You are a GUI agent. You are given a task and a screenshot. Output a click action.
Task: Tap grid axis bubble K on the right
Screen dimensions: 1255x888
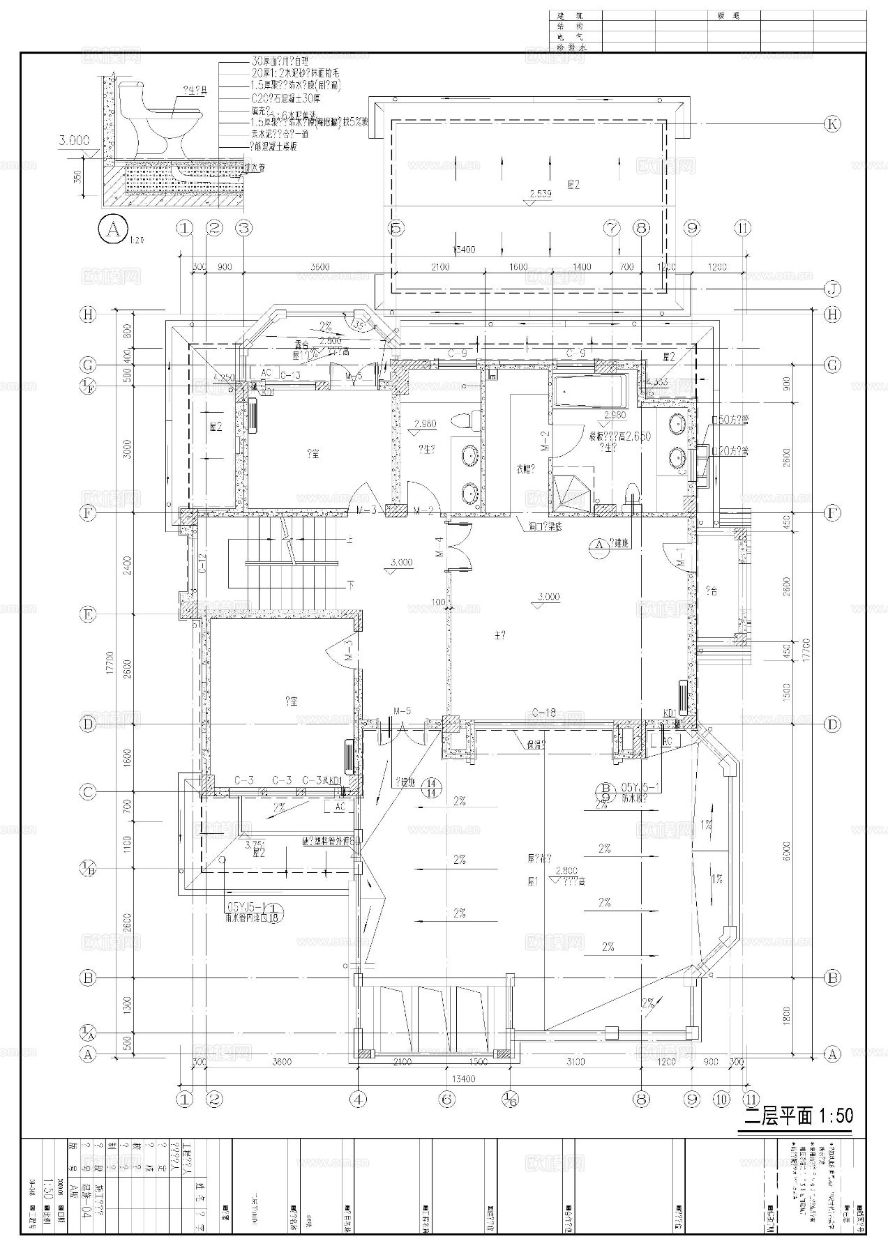[831, 125]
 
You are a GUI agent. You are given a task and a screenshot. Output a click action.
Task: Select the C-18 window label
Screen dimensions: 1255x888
[543, 713]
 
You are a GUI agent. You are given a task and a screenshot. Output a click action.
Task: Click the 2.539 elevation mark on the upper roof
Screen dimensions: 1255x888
[540, 195]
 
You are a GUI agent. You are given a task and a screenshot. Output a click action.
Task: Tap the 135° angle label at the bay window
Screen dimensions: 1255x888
[360, 324]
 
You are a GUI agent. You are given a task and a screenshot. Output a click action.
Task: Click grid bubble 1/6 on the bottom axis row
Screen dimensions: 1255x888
[509, 1100]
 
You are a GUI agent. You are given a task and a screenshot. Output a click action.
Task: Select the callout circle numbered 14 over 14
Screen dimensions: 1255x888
[432, 786]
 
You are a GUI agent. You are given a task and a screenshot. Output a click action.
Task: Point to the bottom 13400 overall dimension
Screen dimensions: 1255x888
[463, 1080]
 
